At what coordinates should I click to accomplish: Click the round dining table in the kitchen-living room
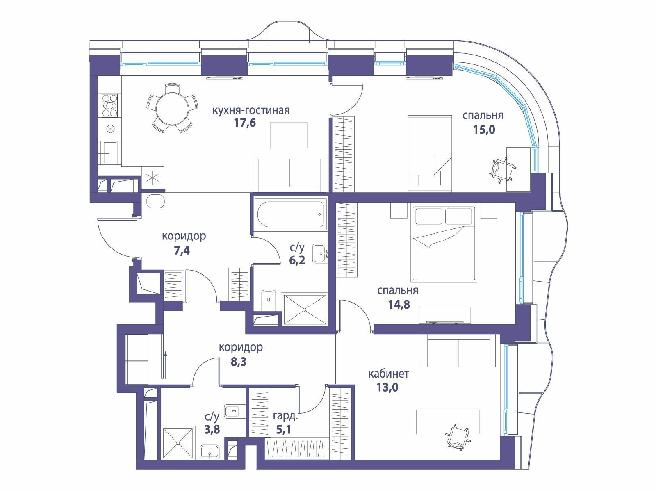tap(172, 108)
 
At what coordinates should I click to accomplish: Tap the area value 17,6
tap(245, 123)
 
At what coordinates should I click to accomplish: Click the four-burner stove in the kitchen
tap(110, 105)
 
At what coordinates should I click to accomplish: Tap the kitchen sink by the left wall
tap(109, 153)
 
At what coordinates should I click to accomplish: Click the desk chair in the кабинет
tap(457, 437)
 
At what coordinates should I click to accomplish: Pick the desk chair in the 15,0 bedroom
tap(502, 170)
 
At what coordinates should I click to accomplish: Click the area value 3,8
tap(212, 430)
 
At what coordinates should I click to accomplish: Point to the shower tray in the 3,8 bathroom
tap(178, 442)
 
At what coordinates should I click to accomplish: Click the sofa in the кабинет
tap(459, 350)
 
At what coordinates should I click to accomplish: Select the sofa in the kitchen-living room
tap(289, 175)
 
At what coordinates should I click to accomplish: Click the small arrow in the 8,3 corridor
tap(165, 365)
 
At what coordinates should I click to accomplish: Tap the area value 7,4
tap(182, 251)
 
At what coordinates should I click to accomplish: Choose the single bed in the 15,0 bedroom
tap(429, 153)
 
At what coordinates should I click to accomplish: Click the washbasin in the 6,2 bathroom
tap(320, 253)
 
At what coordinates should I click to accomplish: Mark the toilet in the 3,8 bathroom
tap(235, 412)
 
